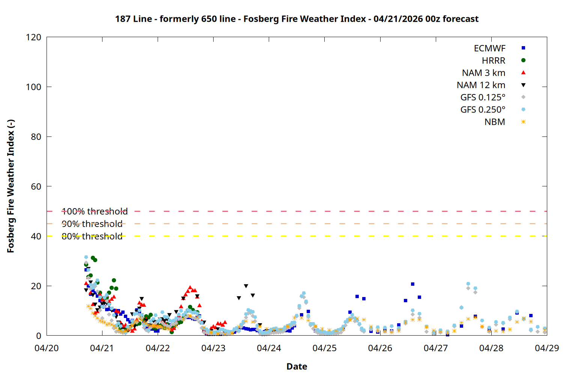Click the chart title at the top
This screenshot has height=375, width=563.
[297, 19]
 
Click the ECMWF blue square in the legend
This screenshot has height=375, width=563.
[523, 48]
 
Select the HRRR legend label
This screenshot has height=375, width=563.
[494, 60]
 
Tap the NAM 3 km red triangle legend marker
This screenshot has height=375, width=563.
[523, 72]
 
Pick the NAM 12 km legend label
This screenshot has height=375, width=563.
[481, 85]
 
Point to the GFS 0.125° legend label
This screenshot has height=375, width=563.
[483, 97]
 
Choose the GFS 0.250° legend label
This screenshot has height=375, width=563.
[483, 109]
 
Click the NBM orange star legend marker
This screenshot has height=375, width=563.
[523, 122]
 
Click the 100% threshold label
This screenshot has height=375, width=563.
[95, 211]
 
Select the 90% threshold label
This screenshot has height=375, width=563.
[92, 224]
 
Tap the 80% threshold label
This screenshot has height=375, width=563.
[92, 236]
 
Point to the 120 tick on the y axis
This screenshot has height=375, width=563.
[34, 37]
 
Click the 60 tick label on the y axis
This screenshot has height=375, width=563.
[36, 186]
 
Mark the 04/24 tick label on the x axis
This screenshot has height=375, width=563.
[269, 348]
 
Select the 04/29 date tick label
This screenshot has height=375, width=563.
[547, 348]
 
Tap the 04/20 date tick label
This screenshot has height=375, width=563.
[47, 348]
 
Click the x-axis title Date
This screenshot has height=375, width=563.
[297, 366]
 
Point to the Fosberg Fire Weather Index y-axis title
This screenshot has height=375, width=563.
[11, 186]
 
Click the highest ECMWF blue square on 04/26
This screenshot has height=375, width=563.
[412, 284]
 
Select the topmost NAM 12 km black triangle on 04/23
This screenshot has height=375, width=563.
[246, 286]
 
